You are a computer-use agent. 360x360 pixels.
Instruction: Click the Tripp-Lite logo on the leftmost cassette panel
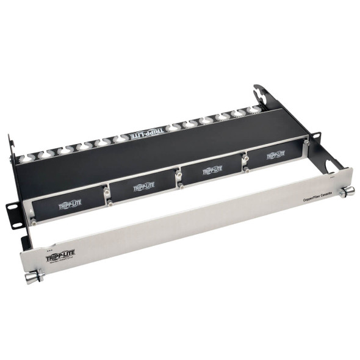70,204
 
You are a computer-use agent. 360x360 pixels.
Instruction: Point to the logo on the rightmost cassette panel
275,155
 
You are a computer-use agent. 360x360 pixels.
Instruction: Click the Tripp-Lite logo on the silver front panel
60,256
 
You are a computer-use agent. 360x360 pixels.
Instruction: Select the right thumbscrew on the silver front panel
347,192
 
